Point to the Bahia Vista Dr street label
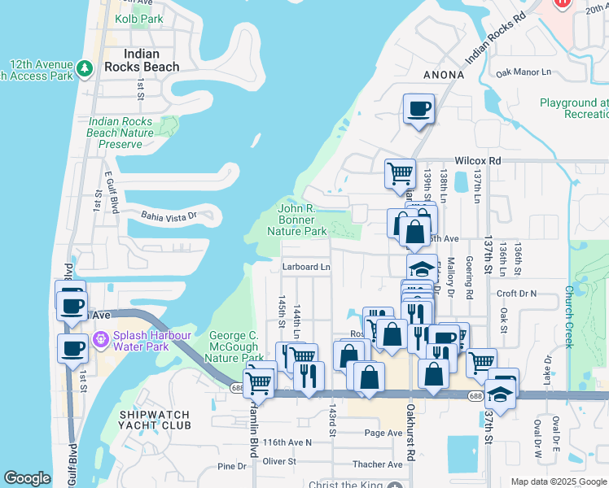pos(169,216)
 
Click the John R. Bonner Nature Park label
pos(297,220)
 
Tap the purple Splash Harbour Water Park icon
pos(101,338)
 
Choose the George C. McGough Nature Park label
pos(236,346)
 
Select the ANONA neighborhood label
pos(444,75)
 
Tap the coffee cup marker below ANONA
pos(418,109)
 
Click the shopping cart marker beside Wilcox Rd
pos(400,174)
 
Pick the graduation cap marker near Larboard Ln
pos(422,269)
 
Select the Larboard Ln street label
pos(306,266)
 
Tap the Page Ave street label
pos(383,433)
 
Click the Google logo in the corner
pos(27,478)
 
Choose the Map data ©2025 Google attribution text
pos(558,481)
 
